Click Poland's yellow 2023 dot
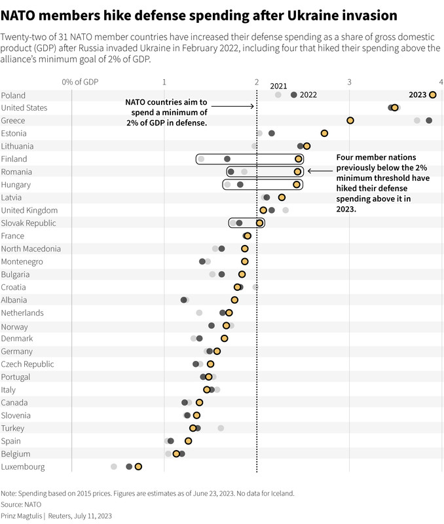pyautogui.click(x=432, y=95)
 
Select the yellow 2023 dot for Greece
pyautogui.click(x=350, y=121)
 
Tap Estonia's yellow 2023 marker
pyautogui.click(x=324, y=134)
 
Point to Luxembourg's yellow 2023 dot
pyautogui.click(x=138, y=467)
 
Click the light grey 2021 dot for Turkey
pyautogui.click(x=221, y=428)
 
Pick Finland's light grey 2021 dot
pyautogui.click(x=201, y=159)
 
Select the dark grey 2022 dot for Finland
pyautogui.click(x=227, y=159)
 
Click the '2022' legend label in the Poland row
pyautogui.click(x=308, y=95)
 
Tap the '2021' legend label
pyautogui.click(x=278, y=86)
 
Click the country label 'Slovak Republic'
pyautogui.click(x=28, y=223)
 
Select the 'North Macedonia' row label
pyautogui.click(x=31, y=249)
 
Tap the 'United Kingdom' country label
pyautogui.click(x=29, y=210)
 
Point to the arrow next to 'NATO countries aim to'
pyautogui.click(x=232, y=105)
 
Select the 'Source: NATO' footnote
pyautogui.click(x=21, y=505)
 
